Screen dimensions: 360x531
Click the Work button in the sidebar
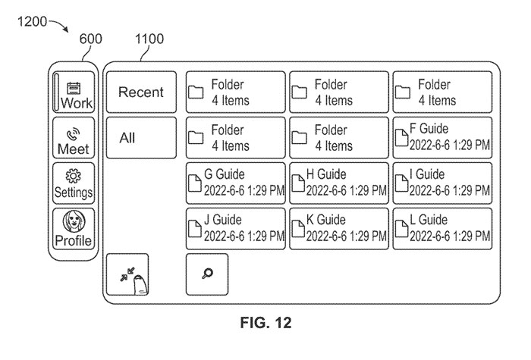(x=74, y=93)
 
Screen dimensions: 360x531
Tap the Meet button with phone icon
(x=74, y=138)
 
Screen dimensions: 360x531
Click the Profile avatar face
(x=74, y=221)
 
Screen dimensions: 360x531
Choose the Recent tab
(x=141, y=92)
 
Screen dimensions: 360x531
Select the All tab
(x=141, y=138)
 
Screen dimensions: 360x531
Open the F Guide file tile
(x=442, y=137)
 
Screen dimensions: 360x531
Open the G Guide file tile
(x=235, y=183)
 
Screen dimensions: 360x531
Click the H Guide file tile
(x=338, y=183)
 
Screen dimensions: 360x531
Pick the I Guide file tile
(x=442, y=183)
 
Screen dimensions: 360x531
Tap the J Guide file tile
(x=235, y=228)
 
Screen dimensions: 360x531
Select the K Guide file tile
(x=338, y=228)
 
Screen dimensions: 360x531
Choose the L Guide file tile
(x=442, y=228)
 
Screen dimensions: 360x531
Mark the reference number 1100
(x=149, y=39)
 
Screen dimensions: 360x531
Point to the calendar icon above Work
(x=74, y=86)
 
